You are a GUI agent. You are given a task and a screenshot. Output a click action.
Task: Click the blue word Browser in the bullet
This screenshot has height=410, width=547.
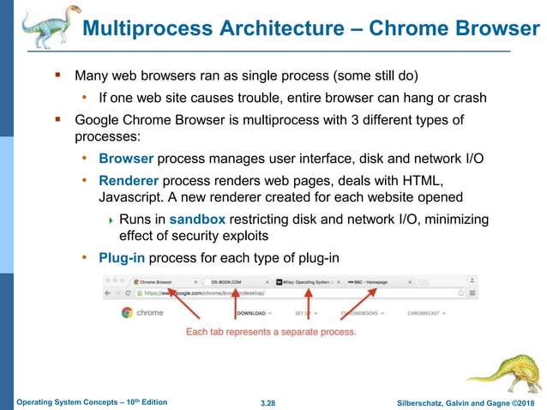126,158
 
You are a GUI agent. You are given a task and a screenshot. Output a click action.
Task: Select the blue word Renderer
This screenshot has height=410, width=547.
129,180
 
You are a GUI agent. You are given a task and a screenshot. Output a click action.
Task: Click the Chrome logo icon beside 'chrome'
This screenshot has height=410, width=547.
127,313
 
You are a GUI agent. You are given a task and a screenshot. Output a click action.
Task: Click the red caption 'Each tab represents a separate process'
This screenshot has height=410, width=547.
271,332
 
